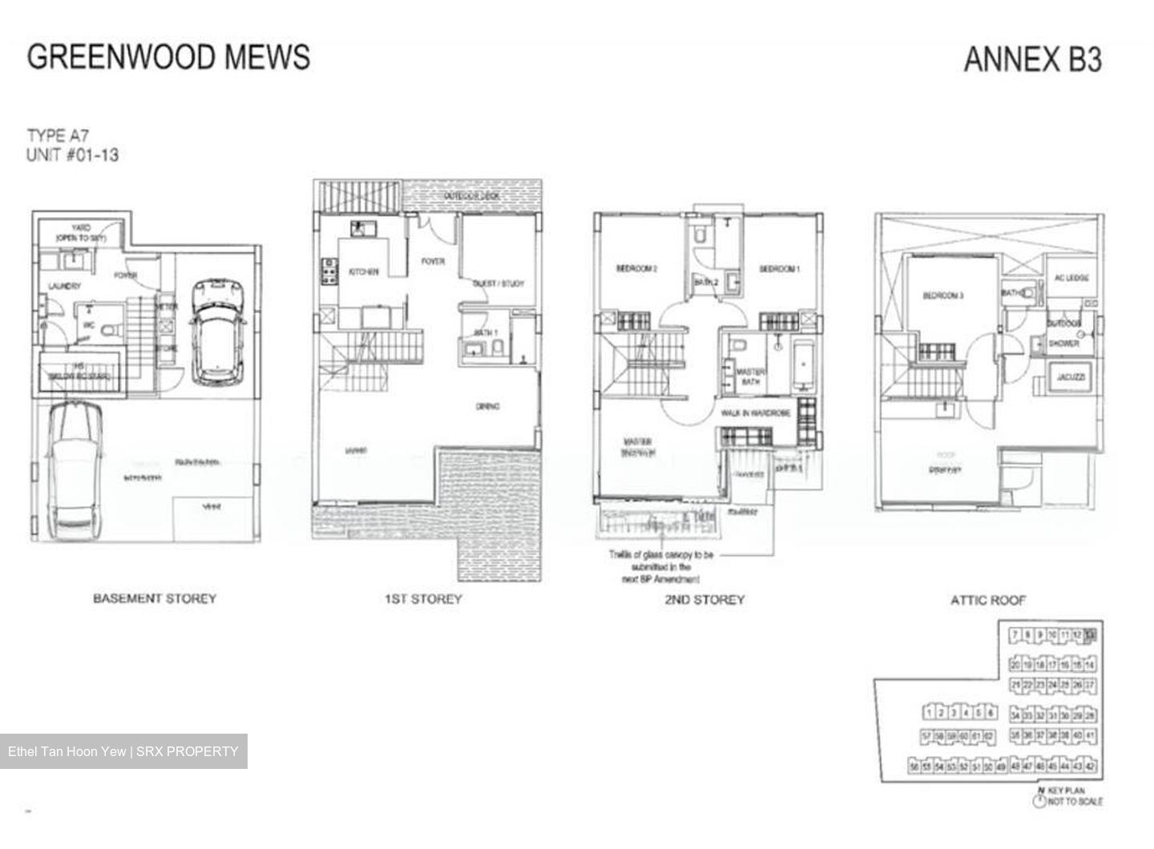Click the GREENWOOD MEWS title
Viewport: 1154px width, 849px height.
click(x=168, y=57)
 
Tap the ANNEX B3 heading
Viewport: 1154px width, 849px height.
click(x=1032, y=59)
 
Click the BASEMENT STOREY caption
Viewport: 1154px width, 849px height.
click(x=155, y=598)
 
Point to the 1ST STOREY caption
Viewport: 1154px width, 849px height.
click(x=423, y=599)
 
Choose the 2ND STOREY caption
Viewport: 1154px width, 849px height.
click(x=704, y=599)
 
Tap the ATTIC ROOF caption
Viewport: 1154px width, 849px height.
click(x=988, y=600)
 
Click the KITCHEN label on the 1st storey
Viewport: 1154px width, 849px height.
click(x=363, y=272)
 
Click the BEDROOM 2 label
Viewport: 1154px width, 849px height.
click(x=636, y=269)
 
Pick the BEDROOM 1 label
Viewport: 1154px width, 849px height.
click(x=779, y=269)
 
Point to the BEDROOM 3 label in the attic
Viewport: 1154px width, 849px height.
click(x=942, y=296)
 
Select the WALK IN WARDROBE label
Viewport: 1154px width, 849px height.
click(x=755, y=413)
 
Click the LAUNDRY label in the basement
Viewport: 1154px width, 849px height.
click(x=64, y=286)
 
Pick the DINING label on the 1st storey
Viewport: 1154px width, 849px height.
click(x=487, y=407)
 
